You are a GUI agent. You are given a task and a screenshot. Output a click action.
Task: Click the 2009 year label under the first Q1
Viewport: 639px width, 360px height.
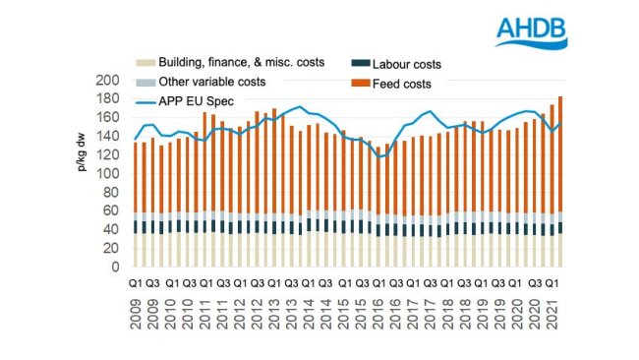click(136, 316)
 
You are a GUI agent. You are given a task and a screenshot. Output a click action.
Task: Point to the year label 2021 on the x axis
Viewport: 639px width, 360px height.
click(556, 316)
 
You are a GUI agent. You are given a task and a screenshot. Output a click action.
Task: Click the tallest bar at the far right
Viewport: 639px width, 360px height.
click(560, 177)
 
